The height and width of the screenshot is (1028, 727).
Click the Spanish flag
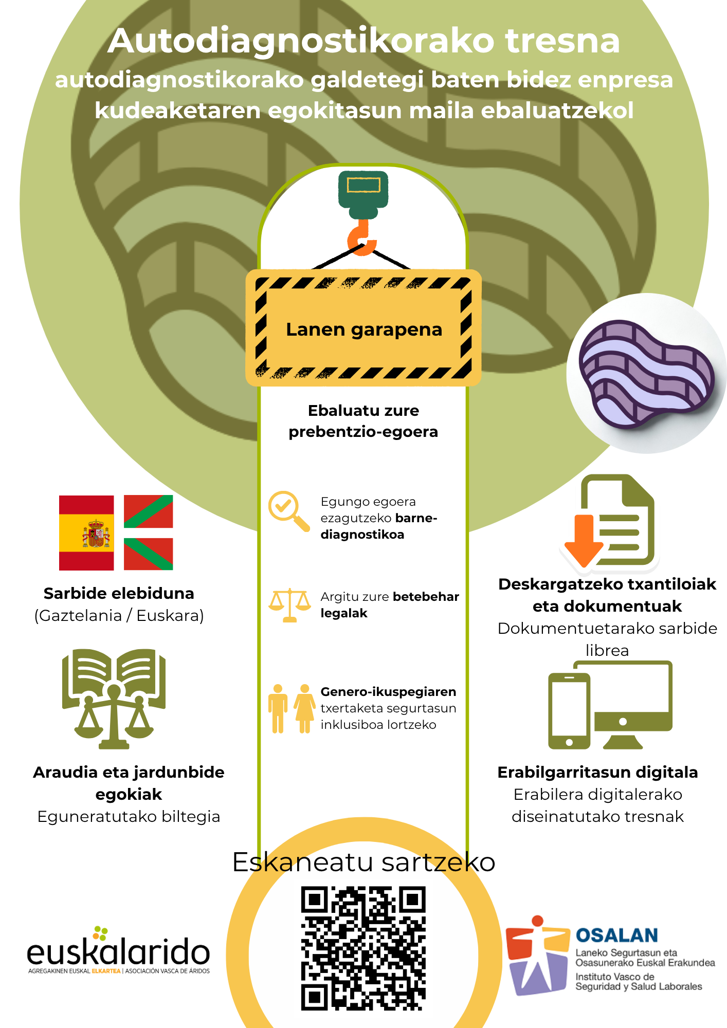pos(86,533)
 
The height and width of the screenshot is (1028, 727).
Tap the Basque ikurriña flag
pos(149,533)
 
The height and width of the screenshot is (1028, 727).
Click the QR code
pos(363,948)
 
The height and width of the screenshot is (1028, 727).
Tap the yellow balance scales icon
pos(290,605)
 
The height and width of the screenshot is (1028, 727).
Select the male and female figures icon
pos(292,708)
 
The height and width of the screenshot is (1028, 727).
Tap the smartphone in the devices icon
pos(569,711)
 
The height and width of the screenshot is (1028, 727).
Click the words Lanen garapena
pos(364,329)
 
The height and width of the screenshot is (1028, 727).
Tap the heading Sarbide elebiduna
pos(119,593)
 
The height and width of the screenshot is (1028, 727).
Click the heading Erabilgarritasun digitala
pos(597,772)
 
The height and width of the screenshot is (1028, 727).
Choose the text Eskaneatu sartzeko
pos(364,862)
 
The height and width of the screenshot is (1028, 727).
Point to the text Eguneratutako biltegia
pos(129,816)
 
